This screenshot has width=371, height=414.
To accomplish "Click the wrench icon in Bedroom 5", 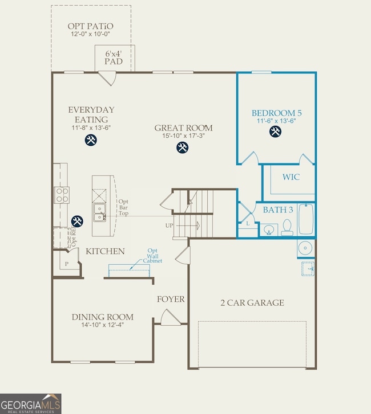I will tap(275, 132).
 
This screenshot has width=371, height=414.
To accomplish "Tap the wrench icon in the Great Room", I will tap(183, 147).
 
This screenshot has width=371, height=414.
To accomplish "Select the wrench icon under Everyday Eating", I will tap(91, 140).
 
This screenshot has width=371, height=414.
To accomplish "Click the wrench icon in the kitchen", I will tap(76, 220).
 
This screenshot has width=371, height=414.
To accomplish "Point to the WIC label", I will tap(291, 177).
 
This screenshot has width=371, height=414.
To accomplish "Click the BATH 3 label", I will tap(278, 210).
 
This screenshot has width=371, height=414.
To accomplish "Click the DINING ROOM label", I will tap(103, 317).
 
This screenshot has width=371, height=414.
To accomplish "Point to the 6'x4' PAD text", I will tap(114, 57).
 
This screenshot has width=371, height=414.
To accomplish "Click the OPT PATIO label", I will tap(90, 26).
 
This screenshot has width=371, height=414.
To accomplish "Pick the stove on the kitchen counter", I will tap(62, 195).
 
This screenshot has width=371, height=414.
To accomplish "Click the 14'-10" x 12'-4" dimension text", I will tap(103, 326).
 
